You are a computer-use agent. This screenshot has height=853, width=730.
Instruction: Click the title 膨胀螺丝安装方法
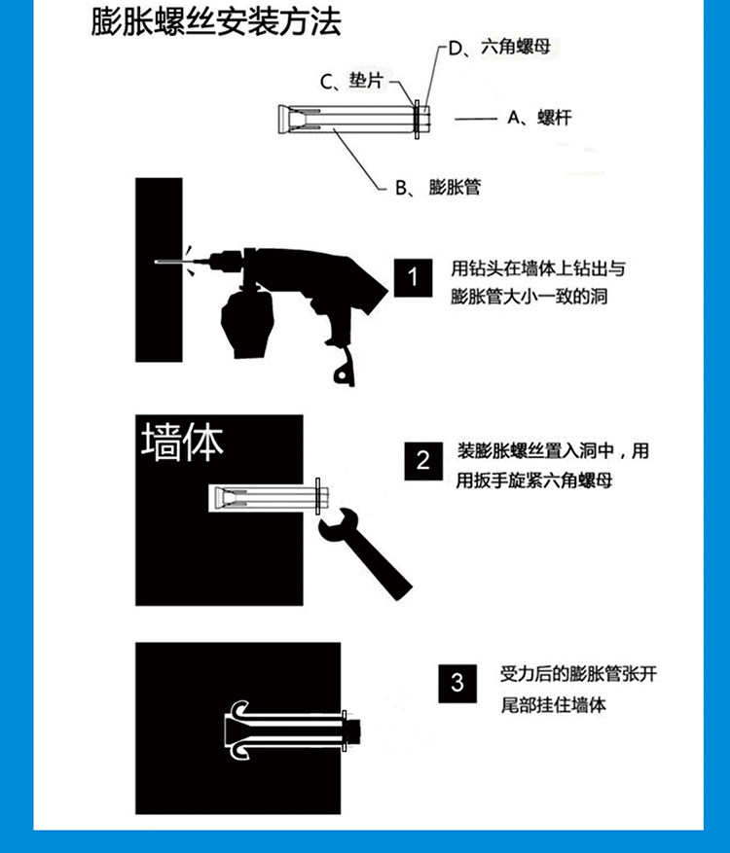[x=215, y=22]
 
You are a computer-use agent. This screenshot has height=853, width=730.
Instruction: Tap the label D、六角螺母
[x=499, y=48]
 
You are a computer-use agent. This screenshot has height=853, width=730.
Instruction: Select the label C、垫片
[x=351, y=82]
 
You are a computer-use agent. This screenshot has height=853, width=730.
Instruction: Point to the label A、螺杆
[x=539, y=118]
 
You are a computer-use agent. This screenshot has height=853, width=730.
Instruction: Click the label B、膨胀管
[x=438, y=187]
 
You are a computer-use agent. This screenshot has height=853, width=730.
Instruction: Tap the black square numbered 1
[x=413, y=277]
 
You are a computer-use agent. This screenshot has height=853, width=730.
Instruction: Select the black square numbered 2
[x=423, y=461]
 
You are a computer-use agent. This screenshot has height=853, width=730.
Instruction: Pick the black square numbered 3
[x=457, y=683]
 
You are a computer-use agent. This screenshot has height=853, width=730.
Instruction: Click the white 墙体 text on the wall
[x=182, y=443]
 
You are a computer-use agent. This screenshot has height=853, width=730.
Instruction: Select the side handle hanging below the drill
[x=246, y=321]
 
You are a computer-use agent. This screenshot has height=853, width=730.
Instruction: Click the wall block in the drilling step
[x=159, y=269]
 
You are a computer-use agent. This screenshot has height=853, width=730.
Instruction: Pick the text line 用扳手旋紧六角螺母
[x=534, y=480]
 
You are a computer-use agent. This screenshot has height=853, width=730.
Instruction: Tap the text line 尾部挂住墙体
[x=554, y=705]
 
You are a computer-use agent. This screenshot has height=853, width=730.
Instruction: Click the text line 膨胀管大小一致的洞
[x=529, y=297]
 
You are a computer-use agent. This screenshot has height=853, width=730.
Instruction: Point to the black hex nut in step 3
[x=353, y=731]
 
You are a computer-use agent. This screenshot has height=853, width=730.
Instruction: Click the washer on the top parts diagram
[x=417, y=120]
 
